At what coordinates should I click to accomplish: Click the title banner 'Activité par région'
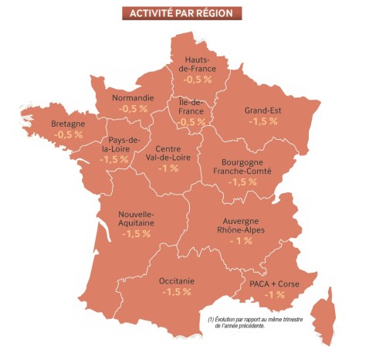coord(182,13)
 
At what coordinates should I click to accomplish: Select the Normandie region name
coord(133,98)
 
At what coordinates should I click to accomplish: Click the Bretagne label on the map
coord(68,123)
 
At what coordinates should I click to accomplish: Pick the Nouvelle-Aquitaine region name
coord(136,218)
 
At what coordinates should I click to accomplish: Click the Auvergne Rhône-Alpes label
coord(240,225)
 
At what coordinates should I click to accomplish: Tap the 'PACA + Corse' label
coord(274,284)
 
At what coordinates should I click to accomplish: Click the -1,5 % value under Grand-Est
coord(263,122)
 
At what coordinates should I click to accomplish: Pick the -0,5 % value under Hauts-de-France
coord(197,80)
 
